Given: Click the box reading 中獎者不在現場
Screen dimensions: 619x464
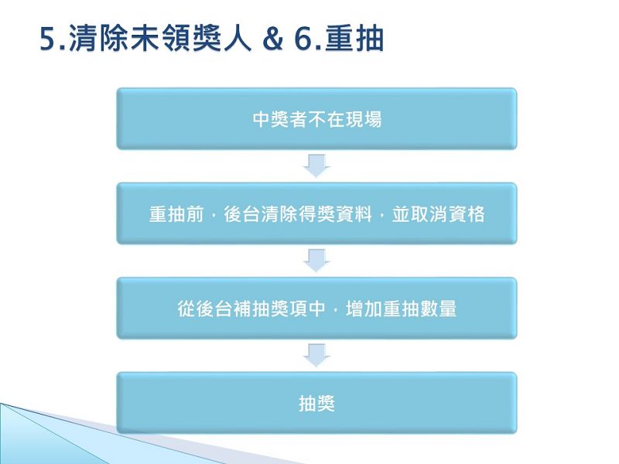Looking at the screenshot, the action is tap(316, 119).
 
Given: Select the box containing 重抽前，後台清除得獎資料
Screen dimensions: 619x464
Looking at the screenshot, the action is tap(316, 213).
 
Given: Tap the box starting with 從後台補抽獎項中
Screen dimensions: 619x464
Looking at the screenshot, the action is tap(316, 308).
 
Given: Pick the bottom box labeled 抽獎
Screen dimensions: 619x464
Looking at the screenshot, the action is tap(316, 403).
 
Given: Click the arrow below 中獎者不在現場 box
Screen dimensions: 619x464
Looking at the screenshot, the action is tap(316, 165).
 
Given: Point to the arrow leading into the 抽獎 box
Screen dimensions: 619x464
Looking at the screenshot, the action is tap(316, 355).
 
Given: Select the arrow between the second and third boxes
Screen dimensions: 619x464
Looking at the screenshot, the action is tap(316, 261).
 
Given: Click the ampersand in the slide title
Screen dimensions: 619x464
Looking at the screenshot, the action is tap(273, 39).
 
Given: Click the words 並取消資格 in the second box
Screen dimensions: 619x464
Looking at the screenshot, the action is tap(438, 214).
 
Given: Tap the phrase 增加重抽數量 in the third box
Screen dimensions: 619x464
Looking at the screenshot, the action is tap(401, 309).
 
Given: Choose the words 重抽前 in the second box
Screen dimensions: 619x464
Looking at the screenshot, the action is tap(176, 214).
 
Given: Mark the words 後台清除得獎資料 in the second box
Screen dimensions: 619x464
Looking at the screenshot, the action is tap(298, 214).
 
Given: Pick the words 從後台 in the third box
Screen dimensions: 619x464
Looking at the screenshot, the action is tap(204, 309).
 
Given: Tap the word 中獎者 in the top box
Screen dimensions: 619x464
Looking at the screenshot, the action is tap(279, 119).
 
